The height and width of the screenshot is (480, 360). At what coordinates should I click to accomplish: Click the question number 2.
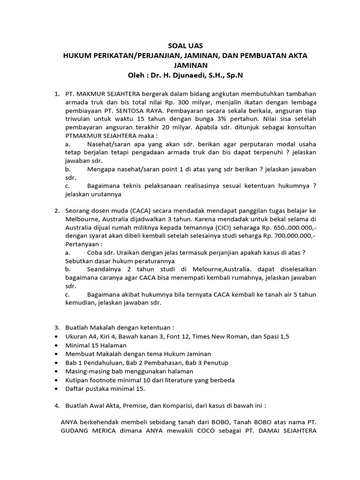point(57,210)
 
